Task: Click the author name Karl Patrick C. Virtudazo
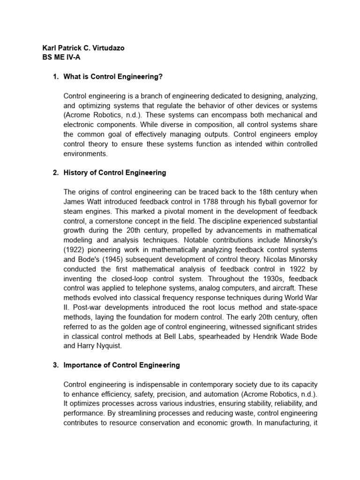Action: [83, 48]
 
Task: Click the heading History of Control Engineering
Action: [115, 172]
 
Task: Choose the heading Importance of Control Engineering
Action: [122, 365]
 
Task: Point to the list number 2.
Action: [54, 172]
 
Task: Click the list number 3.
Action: [54, 365]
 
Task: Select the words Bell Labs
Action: [193, 336]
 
